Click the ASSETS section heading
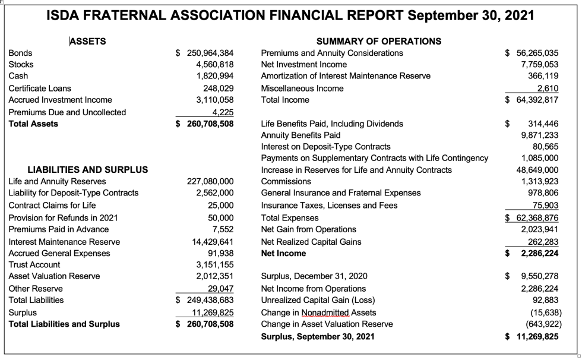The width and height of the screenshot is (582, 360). (x=88, y=41)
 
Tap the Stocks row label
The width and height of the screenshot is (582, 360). (x=21, y=64)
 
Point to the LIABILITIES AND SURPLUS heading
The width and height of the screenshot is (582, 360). (x=88, y=169)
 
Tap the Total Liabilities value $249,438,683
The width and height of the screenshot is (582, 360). (x=204, y=300)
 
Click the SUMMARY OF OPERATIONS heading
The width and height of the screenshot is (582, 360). (x=379, y=41)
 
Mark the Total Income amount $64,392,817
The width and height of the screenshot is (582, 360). (x=532, y=100)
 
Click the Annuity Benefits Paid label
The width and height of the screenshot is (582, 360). (x=301, y=135)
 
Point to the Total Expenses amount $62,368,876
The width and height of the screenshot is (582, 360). (x=532, y=217)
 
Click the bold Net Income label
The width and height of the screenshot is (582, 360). (x=284, y=253)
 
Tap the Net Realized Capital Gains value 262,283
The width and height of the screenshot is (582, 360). (x=543, y=241)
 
